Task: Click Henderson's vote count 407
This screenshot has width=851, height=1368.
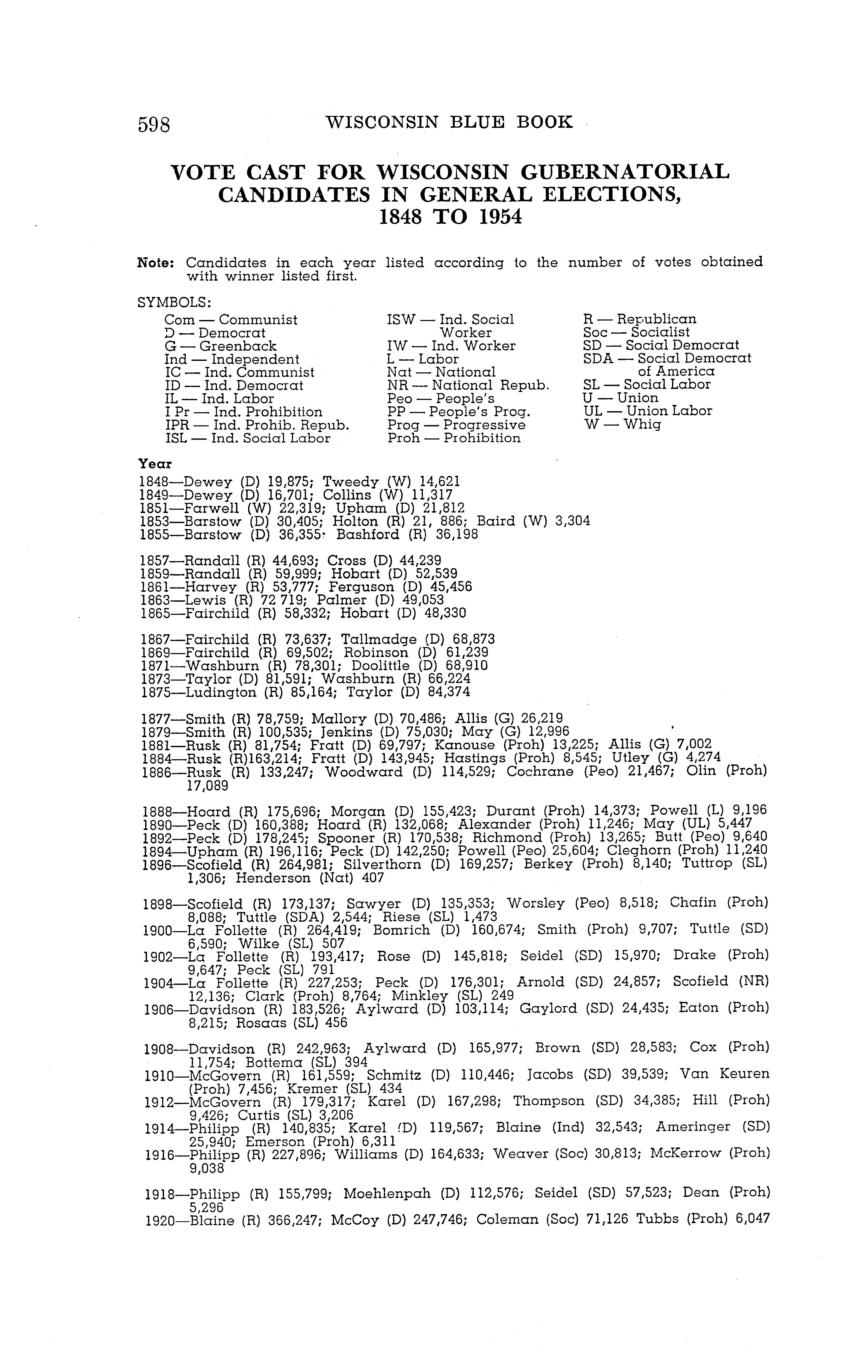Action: tap(373, 878)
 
